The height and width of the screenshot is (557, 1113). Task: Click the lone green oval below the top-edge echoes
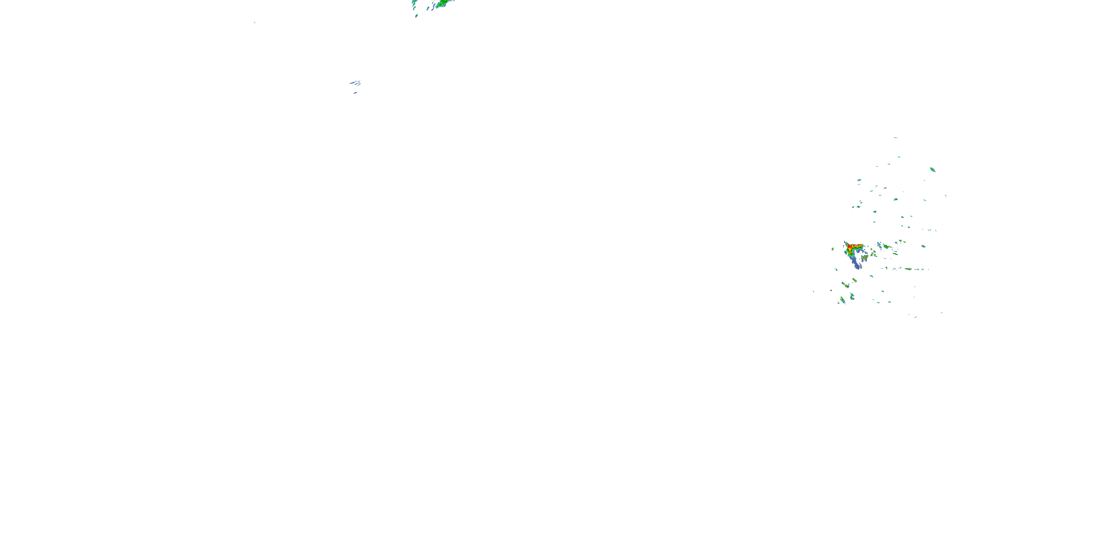[417, 16]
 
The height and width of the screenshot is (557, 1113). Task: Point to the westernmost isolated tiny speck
[255, 22]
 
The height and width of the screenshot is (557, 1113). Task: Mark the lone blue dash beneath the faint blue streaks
[355, 92]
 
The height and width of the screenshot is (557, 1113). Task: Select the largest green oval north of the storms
[932, 170]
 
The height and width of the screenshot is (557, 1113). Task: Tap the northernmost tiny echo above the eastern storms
[895, 137]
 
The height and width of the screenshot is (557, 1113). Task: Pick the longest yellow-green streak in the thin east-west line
[908, 269]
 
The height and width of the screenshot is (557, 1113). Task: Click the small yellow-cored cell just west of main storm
[833, 249]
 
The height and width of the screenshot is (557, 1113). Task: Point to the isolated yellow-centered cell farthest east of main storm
[923, 246]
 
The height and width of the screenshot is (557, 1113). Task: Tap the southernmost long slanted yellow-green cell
[843, 300]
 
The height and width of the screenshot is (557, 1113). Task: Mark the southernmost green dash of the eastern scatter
[916, 317]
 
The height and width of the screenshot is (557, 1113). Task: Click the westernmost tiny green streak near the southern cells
[814, 291]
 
